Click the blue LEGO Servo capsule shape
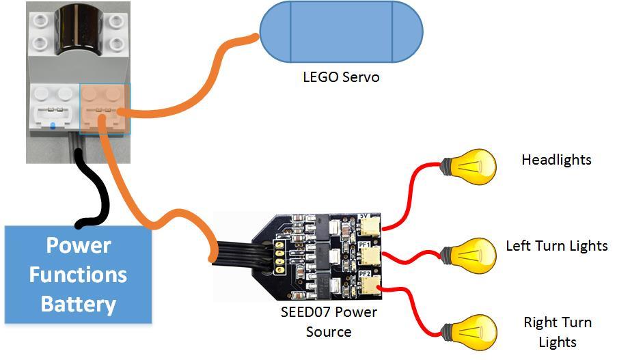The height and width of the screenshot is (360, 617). (x=341, y=32)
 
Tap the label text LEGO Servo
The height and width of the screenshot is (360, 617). (x=341, y=77)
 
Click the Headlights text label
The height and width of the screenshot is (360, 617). (x=556, y=160)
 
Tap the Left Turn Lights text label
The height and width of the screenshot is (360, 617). (x=556, y=245)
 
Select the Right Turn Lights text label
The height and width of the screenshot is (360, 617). (x=557, y=331)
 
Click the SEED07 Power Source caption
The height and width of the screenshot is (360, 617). (x=328, y=322)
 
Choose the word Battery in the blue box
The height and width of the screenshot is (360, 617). (x=78, y=303)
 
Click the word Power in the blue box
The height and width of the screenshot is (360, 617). (x=78, y=245)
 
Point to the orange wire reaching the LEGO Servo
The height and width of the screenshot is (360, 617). (x=191, y=89)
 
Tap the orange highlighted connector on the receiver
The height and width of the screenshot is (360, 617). (x=104, y=108)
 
